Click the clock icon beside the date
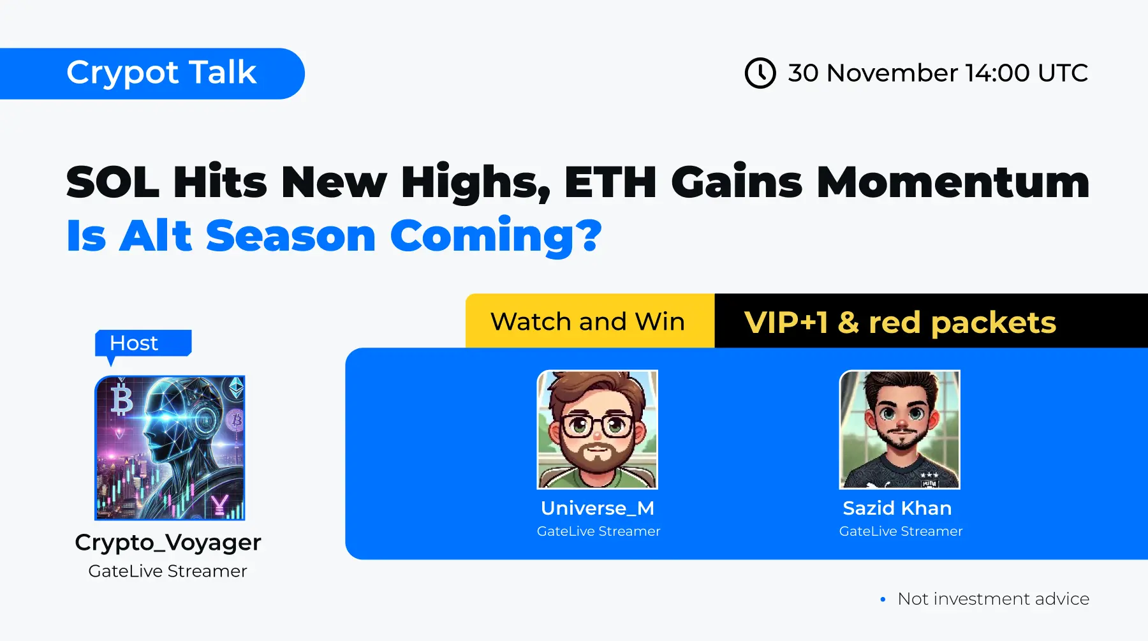pyautogui.click(x=760, y=73)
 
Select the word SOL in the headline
pyautogui.click(x=112, y=182)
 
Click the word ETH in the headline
pyautogui.click(x=610, y=182)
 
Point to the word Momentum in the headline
pyautogui.click(x=953, y=182)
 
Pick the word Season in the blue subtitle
pyautogui.click(x=291, y=235)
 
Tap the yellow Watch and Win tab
pyautogui.click(x=590, y=321)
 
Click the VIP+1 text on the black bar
pyautogui.click(x=785, y=322)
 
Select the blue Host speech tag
pyautogui.click(x=143, y=344)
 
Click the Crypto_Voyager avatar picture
pyautogui.click(x=170, y=448)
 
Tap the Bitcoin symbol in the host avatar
pyautogui.click(x=122, y=399)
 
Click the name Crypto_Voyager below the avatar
pyautogui.click(x=168, y=543)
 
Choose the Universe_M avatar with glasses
pyautogui.click(x=598, y=429)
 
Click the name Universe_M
pyautogui.click(x=598, y=508)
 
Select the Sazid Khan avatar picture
pyautogui.click(x=900, y=429)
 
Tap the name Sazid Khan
pyautogui.click(x=897, y=508)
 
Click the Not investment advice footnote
pyautogui.click(x=993, y=599)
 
